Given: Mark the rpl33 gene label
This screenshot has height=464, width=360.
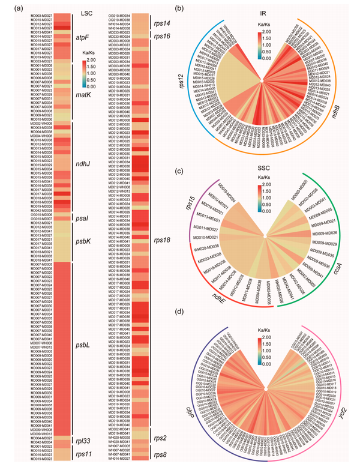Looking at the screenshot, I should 83,426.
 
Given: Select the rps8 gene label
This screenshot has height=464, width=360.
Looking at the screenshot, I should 160,454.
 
